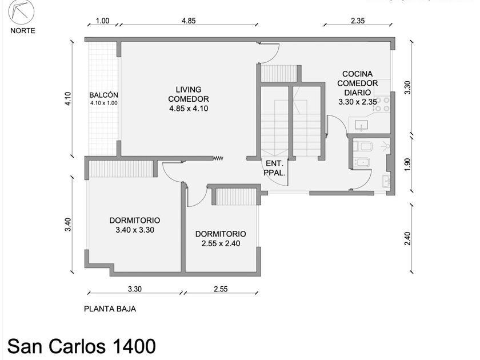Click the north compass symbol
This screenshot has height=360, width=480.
tap(21, 13)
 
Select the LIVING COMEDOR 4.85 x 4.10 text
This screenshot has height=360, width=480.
tap(189, 99)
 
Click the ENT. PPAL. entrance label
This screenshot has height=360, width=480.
tap(275, 168)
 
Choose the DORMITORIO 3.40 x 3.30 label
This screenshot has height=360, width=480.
tap(135, 225)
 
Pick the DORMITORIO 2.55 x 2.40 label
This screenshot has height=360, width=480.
tap(221, 238)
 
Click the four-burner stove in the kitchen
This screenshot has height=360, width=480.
tap(382, 104)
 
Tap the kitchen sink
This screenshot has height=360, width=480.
tap(362, 125)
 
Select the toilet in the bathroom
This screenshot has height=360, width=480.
tap(362, 147)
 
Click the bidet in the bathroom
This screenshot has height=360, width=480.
tap(362, 162)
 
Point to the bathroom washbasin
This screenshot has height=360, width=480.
tap(386, 181)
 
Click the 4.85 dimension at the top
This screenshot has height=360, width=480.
tap(189, 21)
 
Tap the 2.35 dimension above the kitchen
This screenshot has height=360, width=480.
tap(358, 21)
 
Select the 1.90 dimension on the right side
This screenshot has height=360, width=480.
tap(407, 165)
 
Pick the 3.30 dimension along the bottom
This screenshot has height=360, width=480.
tap(135, 289)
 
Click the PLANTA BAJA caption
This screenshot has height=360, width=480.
tap(110, 309)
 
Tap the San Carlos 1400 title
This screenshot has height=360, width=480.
tap(81, 346)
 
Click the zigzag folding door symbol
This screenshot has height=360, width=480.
tap(218, 158)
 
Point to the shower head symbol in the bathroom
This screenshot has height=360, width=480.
tap(386, 146)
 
